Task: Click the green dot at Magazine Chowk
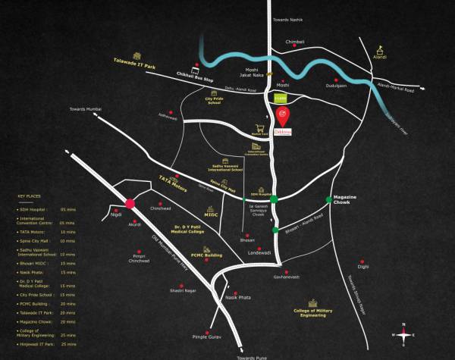pos(328,199)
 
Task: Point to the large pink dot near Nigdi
pos(130,202)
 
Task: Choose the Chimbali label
pos(294,42)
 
